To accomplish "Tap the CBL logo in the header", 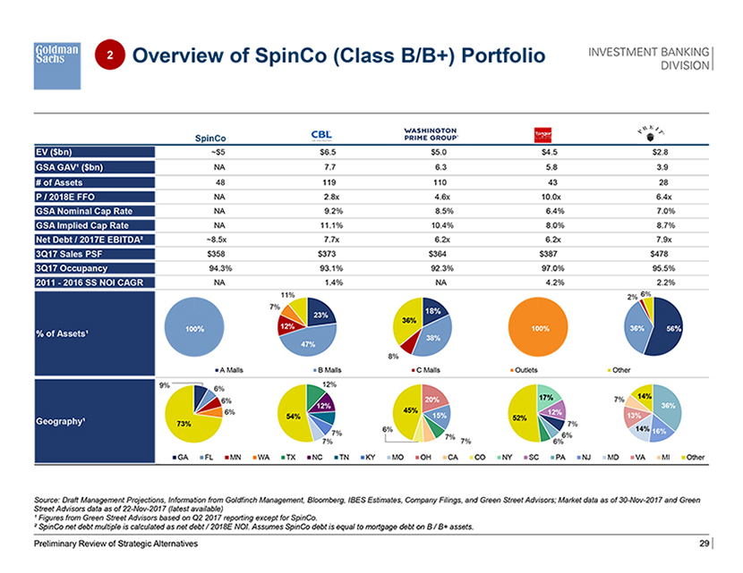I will click(320, 134).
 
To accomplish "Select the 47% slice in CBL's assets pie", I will click(309, 343).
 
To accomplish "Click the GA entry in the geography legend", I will click(181, 459).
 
